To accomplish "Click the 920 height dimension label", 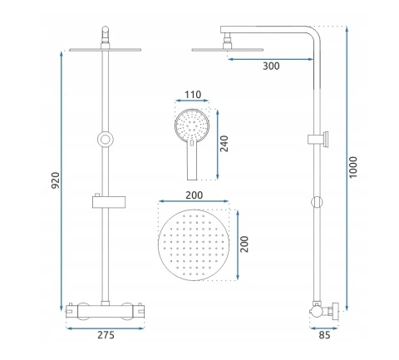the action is pos(56,180).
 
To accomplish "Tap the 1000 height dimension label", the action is pos(353,167).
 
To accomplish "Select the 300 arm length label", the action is pos(271,67).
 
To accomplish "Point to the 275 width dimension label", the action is pos(106,335).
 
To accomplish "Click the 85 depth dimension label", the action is pos(324,335).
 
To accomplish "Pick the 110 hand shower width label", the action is pos(193,95).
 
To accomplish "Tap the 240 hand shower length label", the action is pos(224,144).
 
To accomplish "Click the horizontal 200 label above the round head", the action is pos(194,195).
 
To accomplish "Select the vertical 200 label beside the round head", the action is pos(244,244).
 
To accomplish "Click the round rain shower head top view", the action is pos(194,244).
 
